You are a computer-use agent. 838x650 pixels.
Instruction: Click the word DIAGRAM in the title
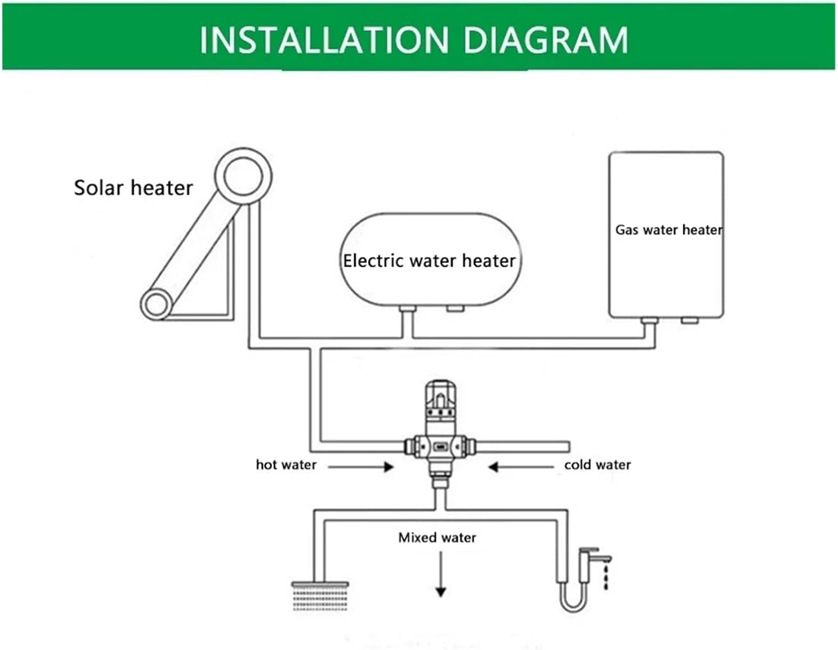pyautogui.click(x=545, y=40)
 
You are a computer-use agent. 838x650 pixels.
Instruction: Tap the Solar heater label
pyautogui.click(x=133, y=188)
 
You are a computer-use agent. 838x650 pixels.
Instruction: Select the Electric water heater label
pyautogui.click(x=429, y=261)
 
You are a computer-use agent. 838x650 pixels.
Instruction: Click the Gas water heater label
pyautogui.click(x=668, y=230)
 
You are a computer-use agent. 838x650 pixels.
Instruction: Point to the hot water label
pyautogui.click(x=285, y=465)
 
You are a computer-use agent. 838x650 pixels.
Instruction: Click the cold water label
pyautogui.click(x=597, y=465)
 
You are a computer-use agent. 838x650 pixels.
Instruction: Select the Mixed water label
pyautogui.click(x=437, y=537)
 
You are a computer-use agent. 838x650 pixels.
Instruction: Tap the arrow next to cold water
pyautogui.click(x=520, y=466)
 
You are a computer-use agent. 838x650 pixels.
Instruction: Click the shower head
pyautogui.click(x=320, y=595)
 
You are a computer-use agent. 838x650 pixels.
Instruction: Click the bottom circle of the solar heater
pyautogui.click(x=156, y=305)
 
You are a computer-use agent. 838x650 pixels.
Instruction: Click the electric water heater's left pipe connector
pyautogui.click(x=407, y=309)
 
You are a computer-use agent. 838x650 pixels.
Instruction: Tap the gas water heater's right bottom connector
pyautogui.click(x=689, y=321)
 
